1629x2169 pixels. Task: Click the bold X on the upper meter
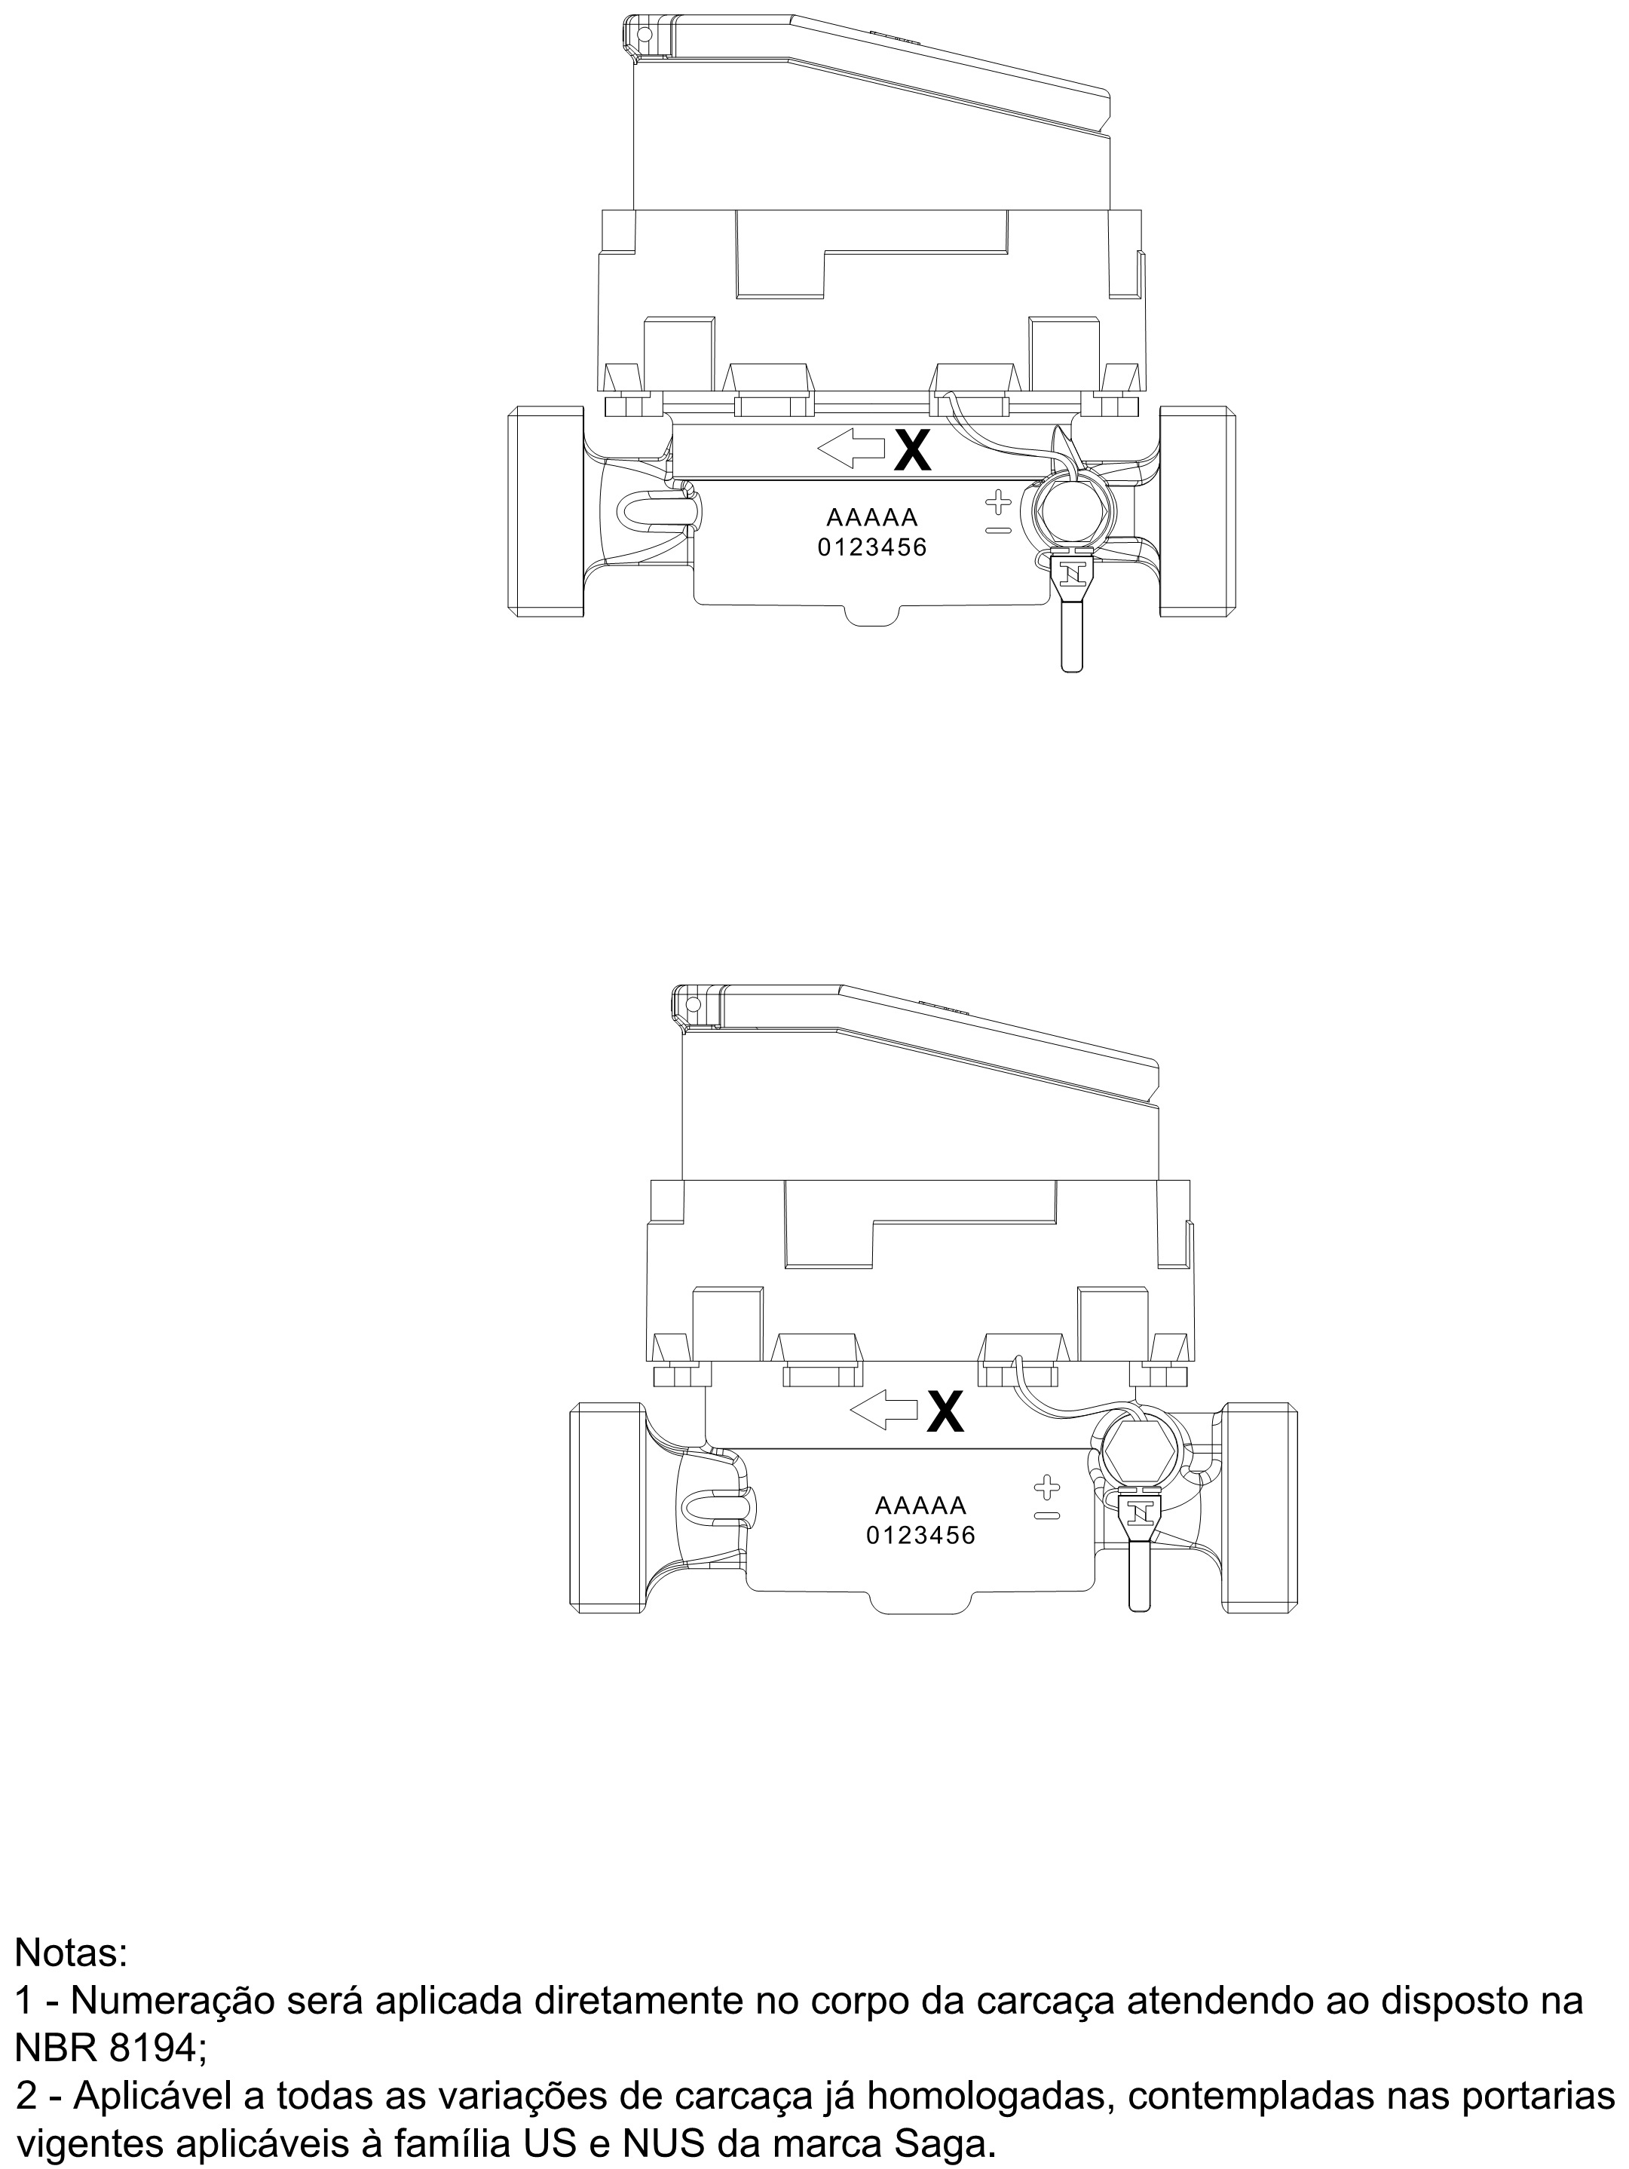pyautogui.click(x=912, y=450)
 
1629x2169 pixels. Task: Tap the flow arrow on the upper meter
pyautogui.click(x=850, y=450)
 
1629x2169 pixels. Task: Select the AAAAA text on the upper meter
pyautogui.click(x=872, y=518)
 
